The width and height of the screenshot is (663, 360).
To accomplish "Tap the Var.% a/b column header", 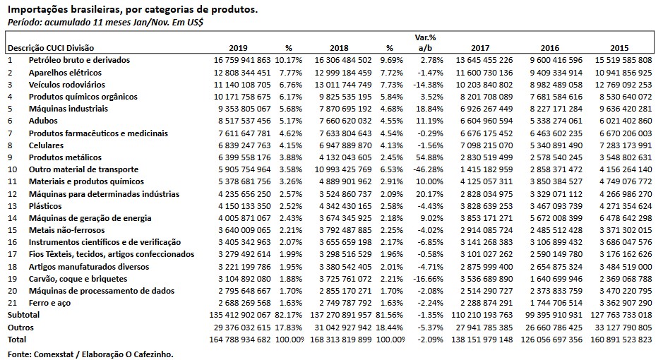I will [424, 42].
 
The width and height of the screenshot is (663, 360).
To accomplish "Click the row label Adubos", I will [43, 121].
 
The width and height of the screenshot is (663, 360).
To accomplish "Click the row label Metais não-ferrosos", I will [66, 229].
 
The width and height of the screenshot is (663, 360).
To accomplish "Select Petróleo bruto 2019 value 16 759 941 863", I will [242, 61].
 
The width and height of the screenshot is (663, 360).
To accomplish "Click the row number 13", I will [11, 205].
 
